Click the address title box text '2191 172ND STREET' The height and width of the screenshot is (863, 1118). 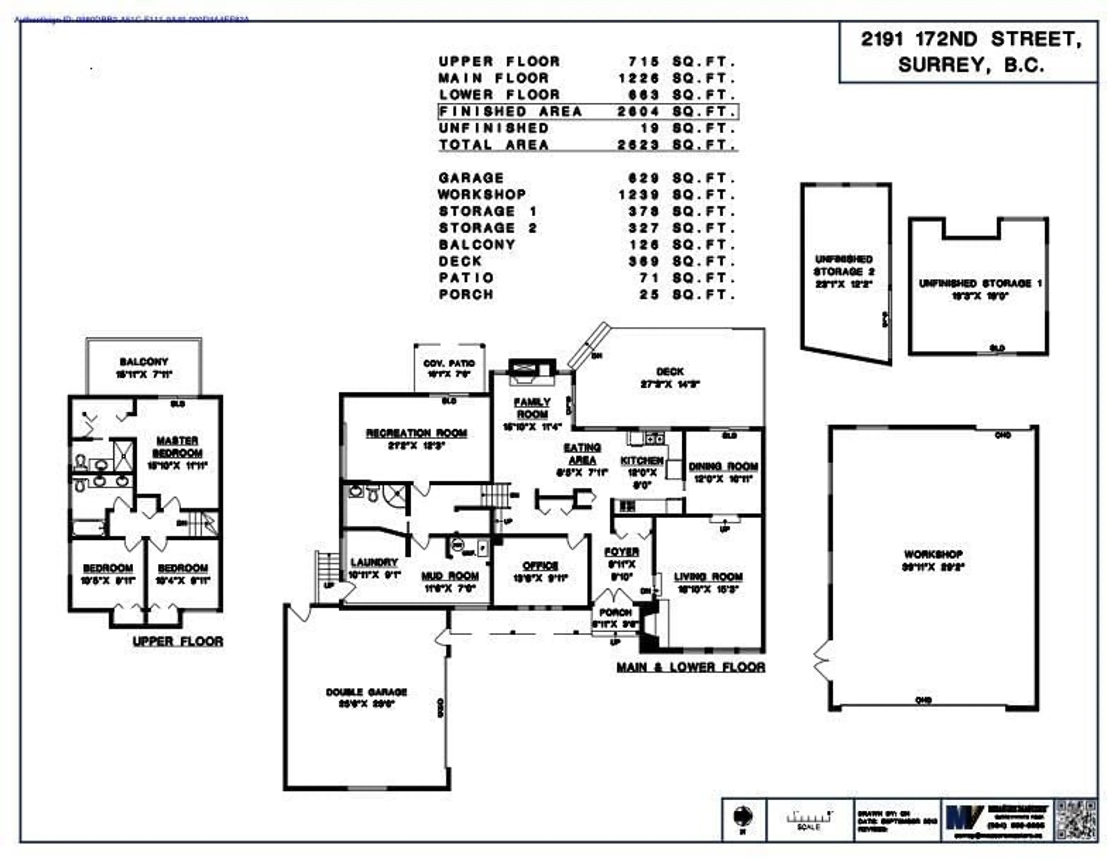[971, 39]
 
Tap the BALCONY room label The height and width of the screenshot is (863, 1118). [144, 362]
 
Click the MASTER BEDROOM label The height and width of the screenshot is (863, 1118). [177, 446]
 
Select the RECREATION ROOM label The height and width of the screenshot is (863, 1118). [416, 433]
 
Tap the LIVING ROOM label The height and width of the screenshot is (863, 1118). [708, 577]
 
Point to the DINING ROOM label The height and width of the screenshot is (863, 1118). [723, 467]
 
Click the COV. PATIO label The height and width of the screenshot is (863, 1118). [449, 363]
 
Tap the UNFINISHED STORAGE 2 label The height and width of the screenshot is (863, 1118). [844, 266]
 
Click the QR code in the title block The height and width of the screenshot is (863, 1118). [1077, 820]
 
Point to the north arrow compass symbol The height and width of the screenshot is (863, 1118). [743, 815]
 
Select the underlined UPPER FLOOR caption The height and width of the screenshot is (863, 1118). [178, 641]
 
